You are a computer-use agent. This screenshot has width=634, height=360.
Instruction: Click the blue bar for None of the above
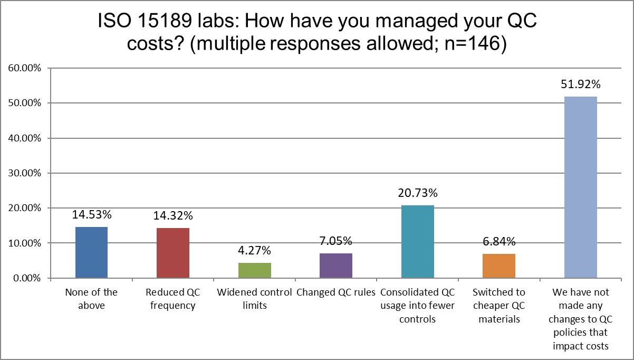tap(91, 252)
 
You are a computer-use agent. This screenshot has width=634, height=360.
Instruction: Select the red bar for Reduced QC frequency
tap(173, 253)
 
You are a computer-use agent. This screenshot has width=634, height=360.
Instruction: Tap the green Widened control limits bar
tap(254, 270)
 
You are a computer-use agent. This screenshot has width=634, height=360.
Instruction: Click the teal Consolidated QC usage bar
tap(417, 241)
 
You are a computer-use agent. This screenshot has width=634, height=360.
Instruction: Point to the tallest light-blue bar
tap(580, 187)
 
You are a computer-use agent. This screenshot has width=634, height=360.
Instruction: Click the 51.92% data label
tap(580, 84)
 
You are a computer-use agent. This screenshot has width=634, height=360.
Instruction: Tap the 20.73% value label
tap(417, 193)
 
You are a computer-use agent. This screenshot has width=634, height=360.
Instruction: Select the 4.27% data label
tap(254, 250)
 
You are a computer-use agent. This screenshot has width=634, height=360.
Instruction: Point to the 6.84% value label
tap(499, 242)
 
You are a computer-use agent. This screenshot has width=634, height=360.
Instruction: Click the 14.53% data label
tap(91, 215)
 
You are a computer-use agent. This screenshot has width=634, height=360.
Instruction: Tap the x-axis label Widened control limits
tap(254, 299)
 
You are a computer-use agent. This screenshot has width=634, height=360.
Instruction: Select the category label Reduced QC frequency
tap(173, 299)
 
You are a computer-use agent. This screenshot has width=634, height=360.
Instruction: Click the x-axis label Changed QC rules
tap(336, 292)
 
